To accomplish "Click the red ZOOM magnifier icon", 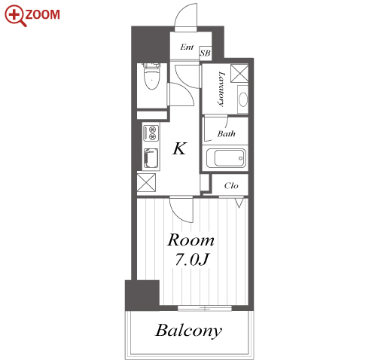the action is click(16, 16).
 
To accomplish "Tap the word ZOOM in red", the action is click(42, 14).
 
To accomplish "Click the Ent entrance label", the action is click(187, 47).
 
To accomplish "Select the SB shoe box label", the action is click(205, 53).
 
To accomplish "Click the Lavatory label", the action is click(221, 90).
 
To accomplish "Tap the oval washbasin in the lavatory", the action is click(243, 99).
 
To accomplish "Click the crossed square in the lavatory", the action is click(239, 73).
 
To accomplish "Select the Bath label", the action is click(226, 133).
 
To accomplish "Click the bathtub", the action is click(226, 158).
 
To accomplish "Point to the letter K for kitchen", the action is click(180, 148).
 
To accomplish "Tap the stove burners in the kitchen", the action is click(151, 133).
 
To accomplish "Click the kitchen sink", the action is click(151, 158).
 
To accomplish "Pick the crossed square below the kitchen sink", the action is click(146, 182).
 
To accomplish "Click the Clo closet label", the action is click(231, 186).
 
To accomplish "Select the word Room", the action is click(191, 240).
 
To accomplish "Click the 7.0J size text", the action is click(192, 260).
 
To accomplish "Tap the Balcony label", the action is click(189, 331).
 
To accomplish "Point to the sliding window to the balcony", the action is click(205, 308).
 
